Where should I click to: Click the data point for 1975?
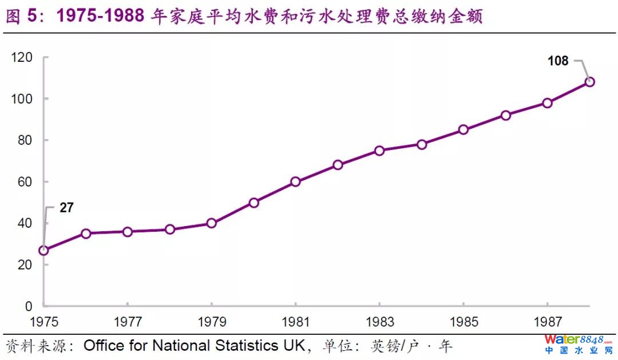(43, 250)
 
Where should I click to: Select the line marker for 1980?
(253, 203)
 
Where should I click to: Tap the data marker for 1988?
(589, 82)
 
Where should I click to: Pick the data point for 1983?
(379, 151)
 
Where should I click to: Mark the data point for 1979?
(211, 223)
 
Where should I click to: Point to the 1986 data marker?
(505, 115)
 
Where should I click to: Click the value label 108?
(557, 61)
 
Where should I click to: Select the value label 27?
(66, 208)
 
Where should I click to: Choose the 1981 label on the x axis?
(295, 322)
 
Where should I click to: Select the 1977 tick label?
(127, 322)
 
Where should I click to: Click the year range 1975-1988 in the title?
(100, 16)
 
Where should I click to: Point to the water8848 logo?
(577, 343)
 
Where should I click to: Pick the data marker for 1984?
(422, 144)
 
